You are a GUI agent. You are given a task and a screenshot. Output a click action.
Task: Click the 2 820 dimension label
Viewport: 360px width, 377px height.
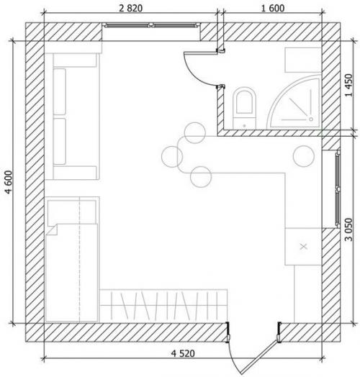click(130, 9)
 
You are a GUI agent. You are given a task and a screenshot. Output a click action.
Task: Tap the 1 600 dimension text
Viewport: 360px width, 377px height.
click(273, 9)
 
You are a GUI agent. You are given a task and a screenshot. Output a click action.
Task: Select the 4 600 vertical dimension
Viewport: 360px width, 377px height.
click(9, 182)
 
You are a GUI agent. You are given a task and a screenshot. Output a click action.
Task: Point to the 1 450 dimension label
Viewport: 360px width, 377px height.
click(348, 85)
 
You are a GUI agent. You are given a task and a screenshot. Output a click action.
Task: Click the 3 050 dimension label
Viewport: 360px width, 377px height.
click(348, 230)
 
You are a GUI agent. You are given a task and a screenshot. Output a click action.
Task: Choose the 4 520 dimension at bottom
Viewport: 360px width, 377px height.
click(183, 353)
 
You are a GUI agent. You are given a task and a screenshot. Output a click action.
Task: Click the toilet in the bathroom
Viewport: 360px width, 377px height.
click(244, 108)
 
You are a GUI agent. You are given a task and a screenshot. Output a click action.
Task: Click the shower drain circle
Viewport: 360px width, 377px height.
click(311, 119)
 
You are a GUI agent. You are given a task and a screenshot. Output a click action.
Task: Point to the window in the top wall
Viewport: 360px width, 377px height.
click(151, 24)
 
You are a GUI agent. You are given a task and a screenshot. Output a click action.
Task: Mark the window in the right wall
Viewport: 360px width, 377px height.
click(338, 188)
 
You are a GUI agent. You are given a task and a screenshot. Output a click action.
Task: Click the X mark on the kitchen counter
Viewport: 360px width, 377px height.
click(304, 247)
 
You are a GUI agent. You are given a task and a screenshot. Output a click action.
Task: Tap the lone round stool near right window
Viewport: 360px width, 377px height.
click(303, 156)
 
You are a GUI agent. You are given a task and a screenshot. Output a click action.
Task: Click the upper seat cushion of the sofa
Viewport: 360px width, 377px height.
click(60, 91)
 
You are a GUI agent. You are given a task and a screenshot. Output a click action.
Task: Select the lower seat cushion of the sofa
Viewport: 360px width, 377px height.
click(60, 141)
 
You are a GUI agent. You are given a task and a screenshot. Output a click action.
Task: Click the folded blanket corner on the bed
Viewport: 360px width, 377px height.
click(53, 230)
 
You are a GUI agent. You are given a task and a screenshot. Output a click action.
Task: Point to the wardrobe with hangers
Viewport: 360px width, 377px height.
click(163, 306)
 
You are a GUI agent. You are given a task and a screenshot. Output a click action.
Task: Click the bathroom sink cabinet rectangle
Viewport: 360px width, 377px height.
click(303, 60)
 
